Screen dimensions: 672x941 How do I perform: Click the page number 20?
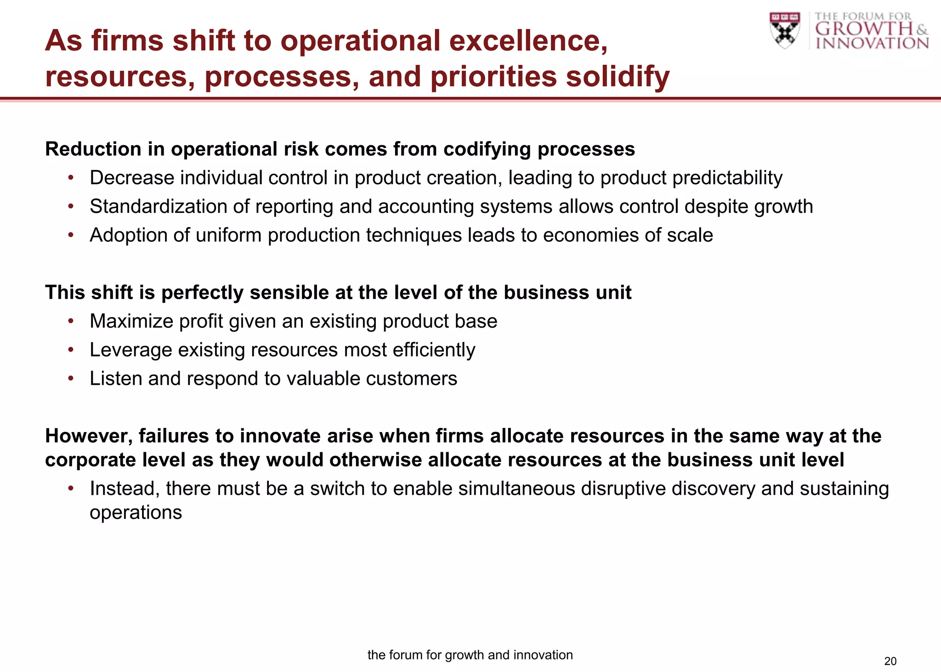pyautogui.click(x=890, y=661)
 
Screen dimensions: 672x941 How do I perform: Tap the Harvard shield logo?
pyautogui.click(x=785, y=30)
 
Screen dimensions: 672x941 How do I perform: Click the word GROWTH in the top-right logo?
pyautogui.click(x=864, y=29)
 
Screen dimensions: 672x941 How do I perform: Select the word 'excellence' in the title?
pyautogui.click(x=528, y=40)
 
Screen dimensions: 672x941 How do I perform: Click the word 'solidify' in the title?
pyautogui.click(x=617, y=76)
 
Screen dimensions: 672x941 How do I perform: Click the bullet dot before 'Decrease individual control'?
pyautogui.click(x=71, y=178)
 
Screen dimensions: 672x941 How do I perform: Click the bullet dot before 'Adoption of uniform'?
pyautogui.click(x=71, y=235)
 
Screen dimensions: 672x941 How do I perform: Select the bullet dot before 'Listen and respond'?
pyautogui.click(x=71, y=379)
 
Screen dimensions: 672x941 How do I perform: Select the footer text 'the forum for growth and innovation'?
pyautogui.click(x=470, y=655)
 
